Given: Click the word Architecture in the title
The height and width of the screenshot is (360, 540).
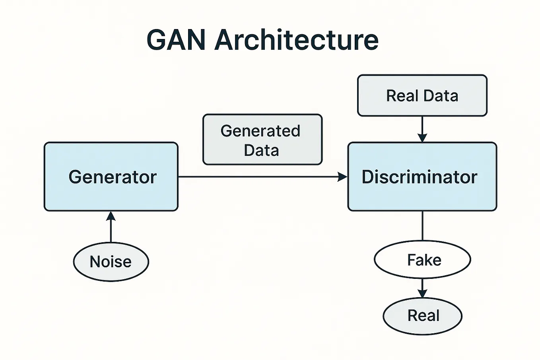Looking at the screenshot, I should click(x=296, y=40).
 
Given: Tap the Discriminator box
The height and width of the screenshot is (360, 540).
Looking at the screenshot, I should click(x=422, y=195).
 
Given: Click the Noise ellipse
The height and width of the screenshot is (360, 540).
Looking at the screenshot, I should click(x=111, y=262).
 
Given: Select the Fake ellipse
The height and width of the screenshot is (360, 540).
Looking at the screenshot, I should click(x=422, y=260).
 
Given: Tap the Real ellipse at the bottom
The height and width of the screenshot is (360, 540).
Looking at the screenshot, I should click(x=422, y=316).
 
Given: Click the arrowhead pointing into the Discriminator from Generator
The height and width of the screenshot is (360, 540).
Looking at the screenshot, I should click(x=342, y=177).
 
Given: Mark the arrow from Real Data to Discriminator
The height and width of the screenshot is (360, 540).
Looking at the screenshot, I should click(x=422, y=129).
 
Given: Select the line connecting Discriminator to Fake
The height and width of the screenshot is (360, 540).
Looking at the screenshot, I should click(x=422, y=226).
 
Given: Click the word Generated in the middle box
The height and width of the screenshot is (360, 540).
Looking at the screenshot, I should click(x=260, y=131).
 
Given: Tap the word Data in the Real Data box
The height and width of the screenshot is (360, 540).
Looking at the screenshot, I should click(x=441, y=96).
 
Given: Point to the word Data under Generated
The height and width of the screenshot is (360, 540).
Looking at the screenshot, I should click(x=261, y=150).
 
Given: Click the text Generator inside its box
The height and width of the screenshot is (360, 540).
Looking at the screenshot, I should click(x=113, y=177).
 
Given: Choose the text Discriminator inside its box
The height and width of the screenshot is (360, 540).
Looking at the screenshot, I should click(x=419, y=177).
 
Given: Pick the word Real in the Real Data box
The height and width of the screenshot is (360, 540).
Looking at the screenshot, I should click(x=402, y=96).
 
